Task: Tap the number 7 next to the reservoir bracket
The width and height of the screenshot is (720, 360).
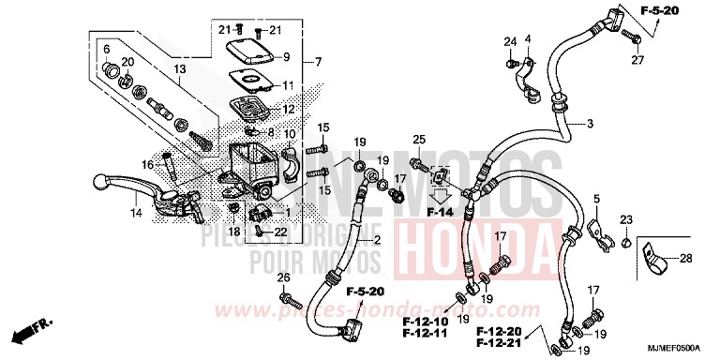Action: [319, 63]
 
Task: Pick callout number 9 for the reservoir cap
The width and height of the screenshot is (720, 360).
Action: [287, 56]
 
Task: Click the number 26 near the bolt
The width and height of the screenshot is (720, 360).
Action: [283, 278]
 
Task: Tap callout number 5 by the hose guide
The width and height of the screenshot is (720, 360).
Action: [594, 199]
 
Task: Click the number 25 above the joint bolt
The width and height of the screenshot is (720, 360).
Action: [418, 139]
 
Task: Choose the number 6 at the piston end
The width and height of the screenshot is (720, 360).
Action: [106, 49]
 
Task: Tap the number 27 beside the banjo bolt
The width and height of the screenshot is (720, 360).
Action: [637, 61]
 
